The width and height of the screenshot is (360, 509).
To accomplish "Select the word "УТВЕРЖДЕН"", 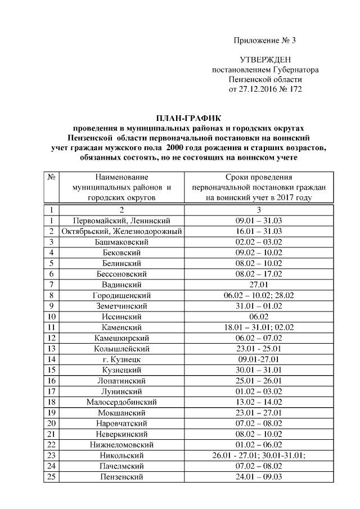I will (265, 60).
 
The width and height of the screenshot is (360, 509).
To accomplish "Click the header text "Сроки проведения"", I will (259, 177).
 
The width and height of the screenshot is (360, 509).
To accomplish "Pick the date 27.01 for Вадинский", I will (259, 285).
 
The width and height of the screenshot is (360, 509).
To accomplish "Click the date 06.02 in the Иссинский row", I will (259, 317).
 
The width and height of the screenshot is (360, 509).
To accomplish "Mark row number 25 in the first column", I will (51, 476).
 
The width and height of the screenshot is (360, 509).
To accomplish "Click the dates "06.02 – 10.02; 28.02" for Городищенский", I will (259, 295).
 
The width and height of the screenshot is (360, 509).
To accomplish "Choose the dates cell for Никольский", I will (259, 455).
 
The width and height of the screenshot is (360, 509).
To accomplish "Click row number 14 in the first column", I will (51, 359).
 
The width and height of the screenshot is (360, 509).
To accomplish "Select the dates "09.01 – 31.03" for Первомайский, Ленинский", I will (259, 220).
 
